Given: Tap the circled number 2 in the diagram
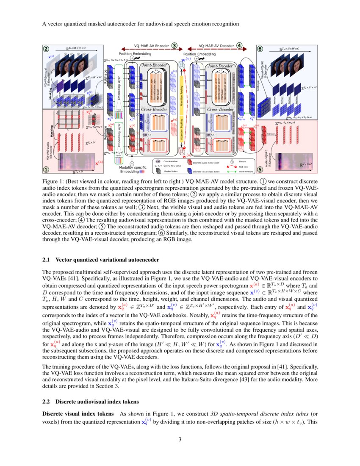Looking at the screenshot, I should tap(47, 48).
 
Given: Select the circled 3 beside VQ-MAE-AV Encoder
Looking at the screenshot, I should tap(174, 45).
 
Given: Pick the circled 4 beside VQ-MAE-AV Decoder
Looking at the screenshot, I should tap(239, 45).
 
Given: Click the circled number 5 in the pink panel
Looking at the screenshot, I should tap(260, 169).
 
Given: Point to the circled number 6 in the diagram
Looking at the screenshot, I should tap(260, 49).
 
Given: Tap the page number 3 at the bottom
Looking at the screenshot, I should tap(180, 439).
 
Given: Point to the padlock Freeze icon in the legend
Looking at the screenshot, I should tap(232, 161).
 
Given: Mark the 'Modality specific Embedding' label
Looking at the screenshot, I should tap(132, 170).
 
